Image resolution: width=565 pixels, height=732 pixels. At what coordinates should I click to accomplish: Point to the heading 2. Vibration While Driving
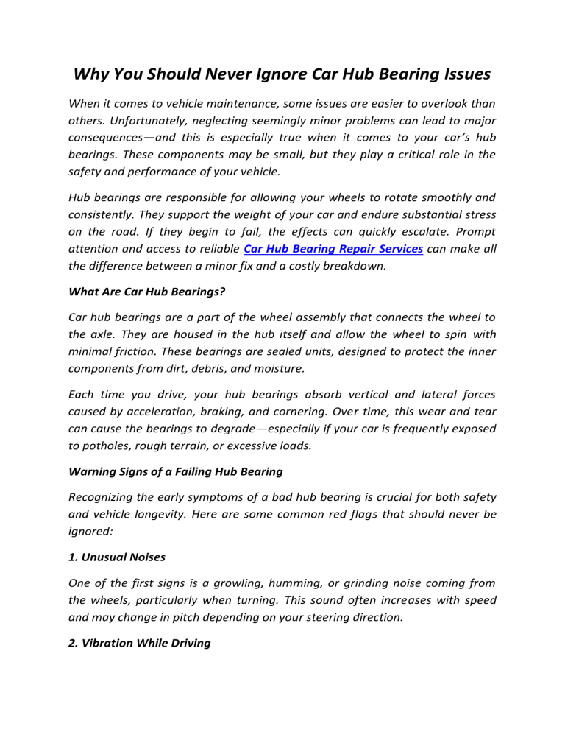pos(139,644)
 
